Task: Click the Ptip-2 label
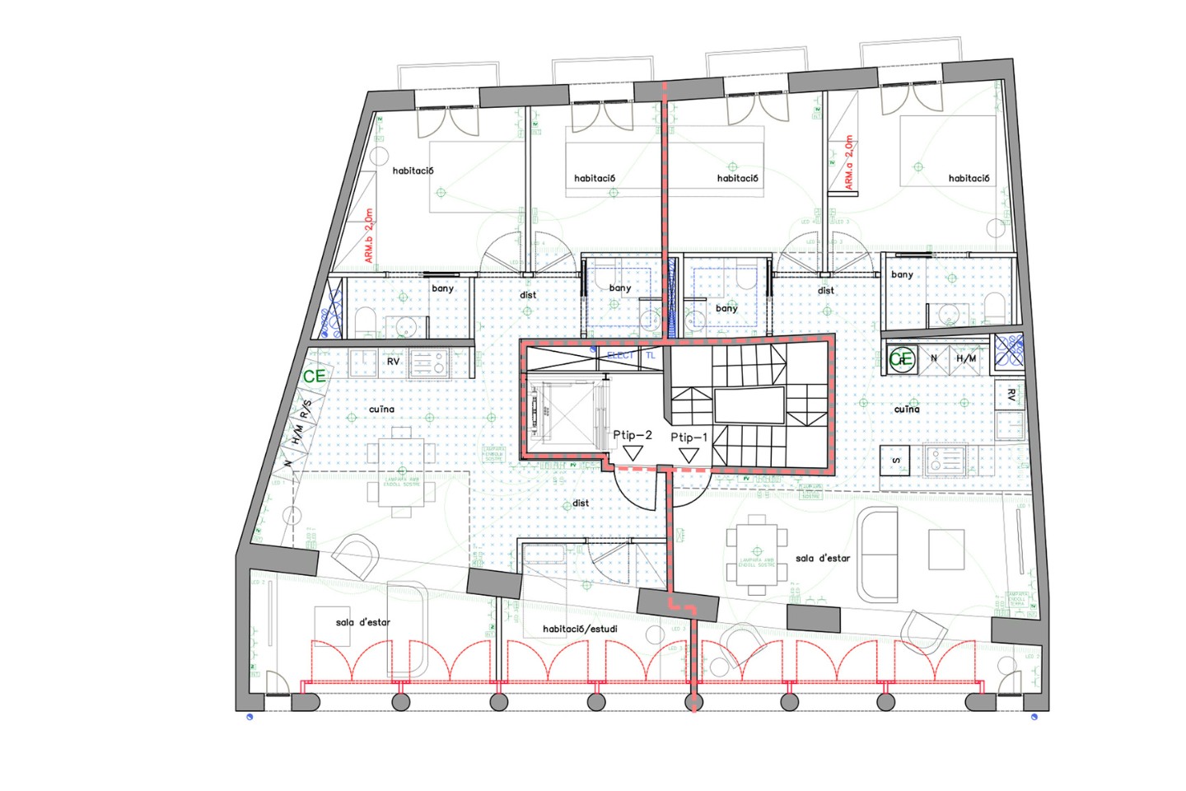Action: point(632,435)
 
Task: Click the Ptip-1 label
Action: point(689,438)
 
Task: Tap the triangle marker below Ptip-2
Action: point(633,453)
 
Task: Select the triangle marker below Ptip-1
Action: point(689,455)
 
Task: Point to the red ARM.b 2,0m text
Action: point(369,236)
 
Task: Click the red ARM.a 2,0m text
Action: point(849,162)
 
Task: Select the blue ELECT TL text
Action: point(631,355)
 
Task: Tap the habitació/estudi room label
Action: point(580,629)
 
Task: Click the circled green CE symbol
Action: point(903,359)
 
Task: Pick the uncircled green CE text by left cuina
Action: point(315,376)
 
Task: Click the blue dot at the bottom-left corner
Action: point(250,717)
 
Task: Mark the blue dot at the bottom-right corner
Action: point(1034,717)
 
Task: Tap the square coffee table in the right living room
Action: point(946,550)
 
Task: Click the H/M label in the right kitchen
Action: point(966,358)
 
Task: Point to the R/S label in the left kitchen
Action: point(306,409)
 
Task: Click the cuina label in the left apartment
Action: point(381,409)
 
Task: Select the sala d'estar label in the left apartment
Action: point(362,622)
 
